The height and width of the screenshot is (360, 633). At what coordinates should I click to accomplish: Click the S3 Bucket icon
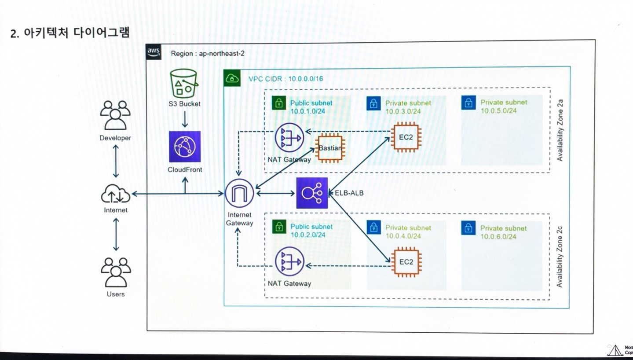pyautogui.click(x=184, y=84)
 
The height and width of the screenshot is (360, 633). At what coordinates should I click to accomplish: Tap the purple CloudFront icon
pyautogui.click(x=185, y=147)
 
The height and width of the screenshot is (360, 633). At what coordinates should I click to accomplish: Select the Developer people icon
pyautogui.click(x=115, y=115)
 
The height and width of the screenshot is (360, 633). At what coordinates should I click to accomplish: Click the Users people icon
pyautogui.click(x=116, y=272)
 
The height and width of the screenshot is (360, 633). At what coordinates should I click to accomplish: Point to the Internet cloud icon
pyautogui.click(x=116, y=194)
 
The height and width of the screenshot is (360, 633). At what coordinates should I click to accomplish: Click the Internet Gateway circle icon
pyautogui.click(x=239, y=193)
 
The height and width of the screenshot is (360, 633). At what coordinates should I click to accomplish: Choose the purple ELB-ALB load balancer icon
pyautogui.click(x=312, y=193)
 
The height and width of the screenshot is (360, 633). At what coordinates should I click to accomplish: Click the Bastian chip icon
pyautogui.click(x=330, y=148)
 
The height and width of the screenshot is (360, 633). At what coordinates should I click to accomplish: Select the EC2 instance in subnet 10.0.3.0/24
pyautogui.click(x=406, y=137)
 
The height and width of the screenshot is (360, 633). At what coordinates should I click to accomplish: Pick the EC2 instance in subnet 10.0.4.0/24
pyautogui.click(x=406, y=262)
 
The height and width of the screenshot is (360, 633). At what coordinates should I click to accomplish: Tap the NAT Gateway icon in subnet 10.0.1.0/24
pyautogui.click(x=289, y=138)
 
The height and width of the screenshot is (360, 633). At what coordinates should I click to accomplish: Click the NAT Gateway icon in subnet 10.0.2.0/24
pyautogui.click(x=289, y=261)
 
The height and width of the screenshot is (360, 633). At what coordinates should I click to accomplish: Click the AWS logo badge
pyautogui.click(x=154, y=52)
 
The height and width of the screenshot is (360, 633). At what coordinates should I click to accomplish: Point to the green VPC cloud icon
pyautogui.click(x=232, y=78)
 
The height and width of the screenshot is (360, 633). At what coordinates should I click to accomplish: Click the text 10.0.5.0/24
pyautogui.click(x=499, y=110)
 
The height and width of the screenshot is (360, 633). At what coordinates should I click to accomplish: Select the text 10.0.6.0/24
pyautogui.click(x=498, y=236)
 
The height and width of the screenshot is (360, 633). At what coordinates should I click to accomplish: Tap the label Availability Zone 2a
pyautogui.click(x=560, y=130)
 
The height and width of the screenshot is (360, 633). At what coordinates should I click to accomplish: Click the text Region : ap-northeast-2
pyautogui.click(x=208, y=53)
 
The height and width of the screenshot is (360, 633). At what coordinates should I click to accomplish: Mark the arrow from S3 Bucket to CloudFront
pyautogui.click(x=185, y=119)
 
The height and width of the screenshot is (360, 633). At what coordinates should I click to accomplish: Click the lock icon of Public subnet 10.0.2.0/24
pyautogui.click(x=279, y=227)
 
